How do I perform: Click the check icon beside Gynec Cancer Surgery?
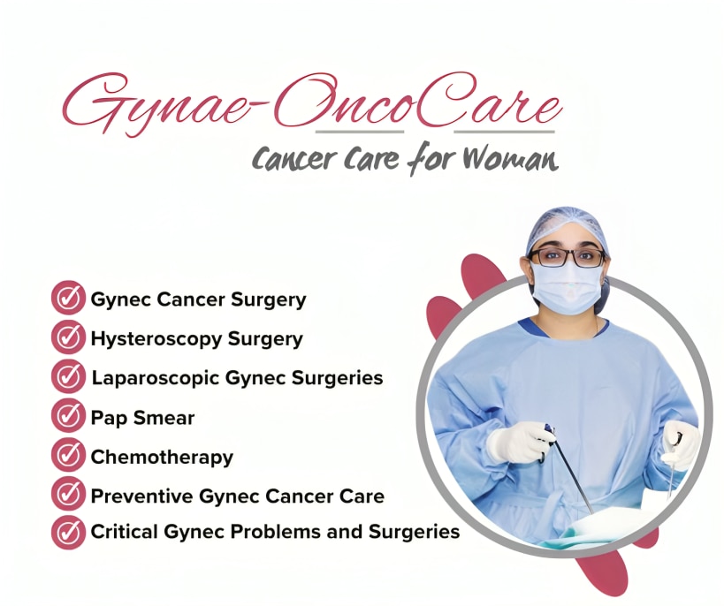point(68,298)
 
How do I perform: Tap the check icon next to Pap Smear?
point(68,415)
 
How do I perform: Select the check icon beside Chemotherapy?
point(68,455)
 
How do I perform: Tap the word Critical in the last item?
point(124,531)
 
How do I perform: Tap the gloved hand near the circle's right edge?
point(681,444)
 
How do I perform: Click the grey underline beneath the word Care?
point(504,132)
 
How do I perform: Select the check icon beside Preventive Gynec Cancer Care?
point(68,494)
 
